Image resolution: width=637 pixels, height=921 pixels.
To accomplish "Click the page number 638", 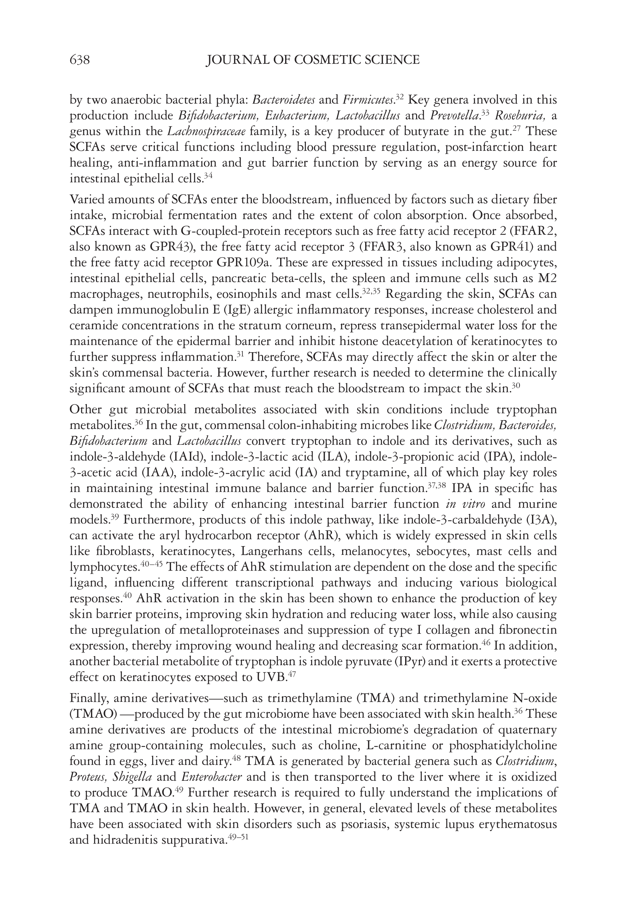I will pos(79,60).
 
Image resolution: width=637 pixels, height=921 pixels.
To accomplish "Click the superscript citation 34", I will pos(208,176).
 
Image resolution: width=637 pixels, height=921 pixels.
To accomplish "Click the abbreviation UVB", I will pos(270,678).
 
